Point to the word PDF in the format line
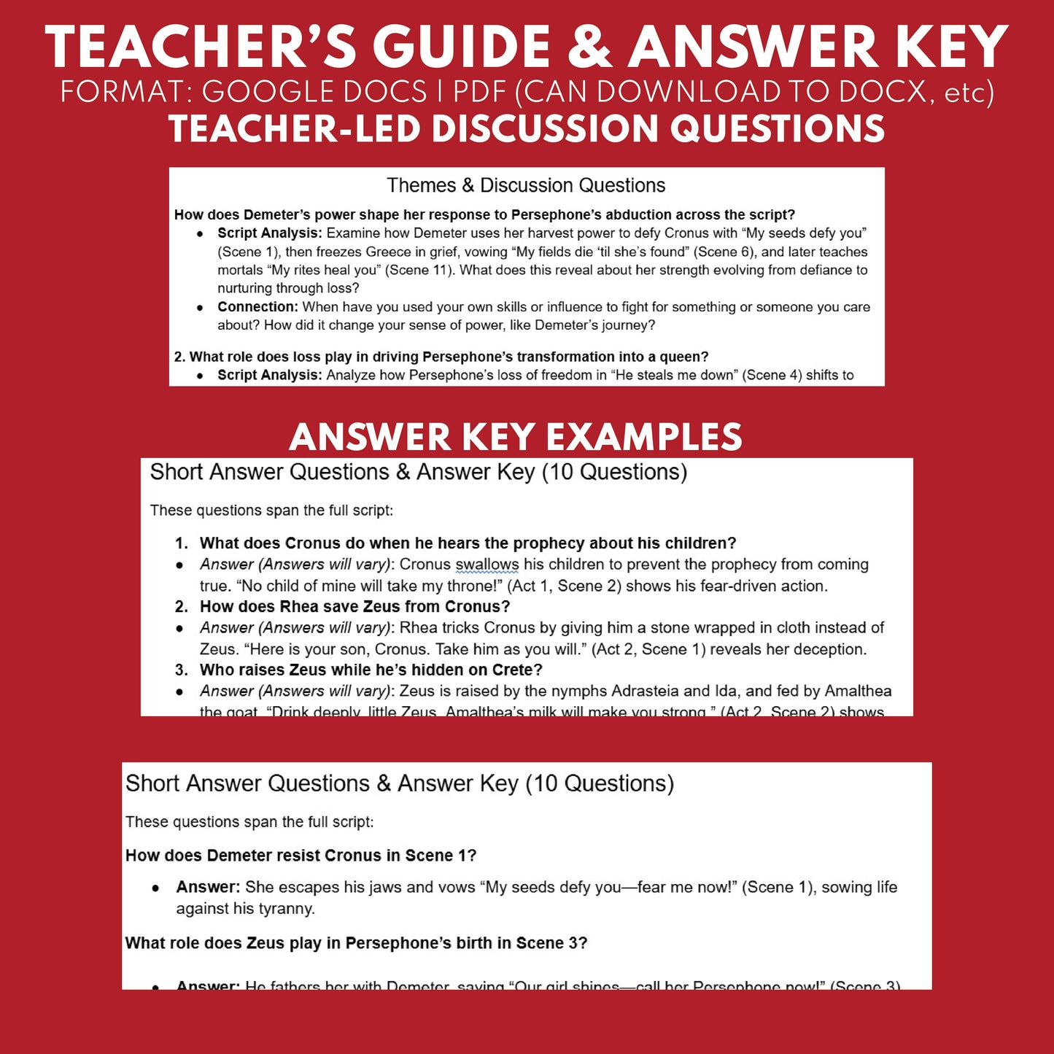pos(480,92)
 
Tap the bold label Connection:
pos(257,307)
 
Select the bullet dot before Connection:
pos(200,308)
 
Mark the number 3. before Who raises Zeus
pos(182,670)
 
